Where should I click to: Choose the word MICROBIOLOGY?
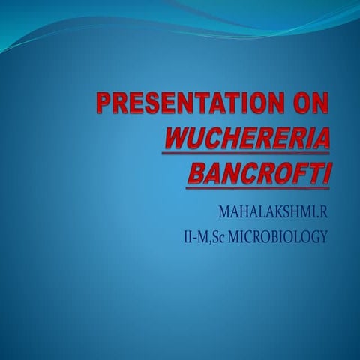[x=286, y=238]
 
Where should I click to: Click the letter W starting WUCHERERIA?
[x=176, y=139]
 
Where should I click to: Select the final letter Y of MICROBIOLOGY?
[x=324, y=238]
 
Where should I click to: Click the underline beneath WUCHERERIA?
[x=247, y=154]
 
